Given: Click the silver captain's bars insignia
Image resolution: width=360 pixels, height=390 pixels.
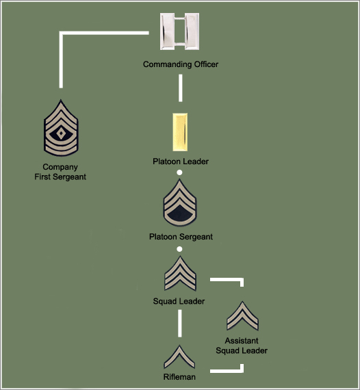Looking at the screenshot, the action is pos(179,31).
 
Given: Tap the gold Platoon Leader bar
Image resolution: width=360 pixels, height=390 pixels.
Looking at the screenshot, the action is pos(180,132).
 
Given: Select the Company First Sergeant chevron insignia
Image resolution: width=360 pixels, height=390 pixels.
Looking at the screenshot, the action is pos(61,128).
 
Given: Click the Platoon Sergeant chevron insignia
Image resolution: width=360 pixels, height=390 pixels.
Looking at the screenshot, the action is pos(179,203).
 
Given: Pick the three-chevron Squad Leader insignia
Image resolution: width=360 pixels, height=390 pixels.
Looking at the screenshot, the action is pos(180,274).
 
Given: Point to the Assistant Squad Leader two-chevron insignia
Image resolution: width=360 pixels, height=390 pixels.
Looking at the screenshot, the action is pos(242,315).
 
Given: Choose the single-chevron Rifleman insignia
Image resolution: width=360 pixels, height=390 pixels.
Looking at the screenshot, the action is pos(179,356).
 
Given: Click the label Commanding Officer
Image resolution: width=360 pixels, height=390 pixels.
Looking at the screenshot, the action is pos(181,64).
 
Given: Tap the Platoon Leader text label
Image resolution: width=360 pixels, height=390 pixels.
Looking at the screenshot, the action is pos(181,161).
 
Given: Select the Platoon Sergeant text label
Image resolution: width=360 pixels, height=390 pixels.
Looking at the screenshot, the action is pos(181,237).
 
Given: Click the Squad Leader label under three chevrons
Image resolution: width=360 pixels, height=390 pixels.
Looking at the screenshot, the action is pos(179,301).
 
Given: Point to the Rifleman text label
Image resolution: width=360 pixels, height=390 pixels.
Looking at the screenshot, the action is pos(179,377).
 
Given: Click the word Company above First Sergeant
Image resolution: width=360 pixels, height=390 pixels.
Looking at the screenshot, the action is pos(60,167).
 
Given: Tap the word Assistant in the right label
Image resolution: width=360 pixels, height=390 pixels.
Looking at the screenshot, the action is pos(242,341).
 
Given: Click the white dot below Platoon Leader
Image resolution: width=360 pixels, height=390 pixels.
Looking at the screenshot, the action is pos(179,172).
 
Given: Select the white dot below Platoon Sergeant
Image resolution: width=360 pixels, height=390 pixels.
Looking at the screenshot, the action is pos(179,249).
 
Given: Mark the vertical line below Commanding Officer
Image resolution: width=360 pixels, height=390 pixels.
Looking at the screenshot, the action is pos(181,88).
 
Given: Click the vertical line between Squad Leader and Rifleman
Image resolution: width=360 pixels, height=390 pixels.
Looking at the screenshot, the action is pos(179,324).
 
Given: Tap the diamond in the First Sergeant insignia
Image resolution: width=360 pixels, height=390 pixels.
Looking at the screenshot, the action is pos(61,133).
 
